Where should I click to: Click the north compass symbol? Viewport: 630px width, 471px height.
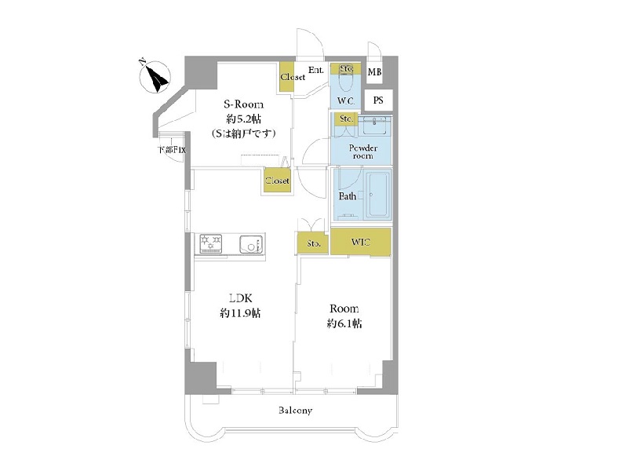tap(155, 77)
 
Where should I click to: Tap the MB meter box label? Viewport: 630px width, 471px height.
tap(374, 72)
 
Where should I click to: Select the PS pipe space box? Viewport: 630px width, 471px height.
tap(378, 100)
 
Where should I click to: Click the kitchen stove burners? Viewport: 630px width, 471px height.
tap(211, 243)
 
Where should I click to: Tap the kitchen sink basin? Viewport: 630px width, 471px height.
tap(251, 244)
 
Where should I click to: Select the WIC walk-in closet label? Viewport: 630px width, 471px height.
tap(360, 242)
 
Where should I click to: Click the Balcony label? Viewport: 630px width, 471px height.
tap(295, 411)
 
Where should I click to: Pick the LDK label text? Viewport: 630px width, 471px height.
tap(241, 298)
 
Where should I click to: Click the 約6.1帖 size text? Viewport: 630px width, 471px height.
tap(344, 323)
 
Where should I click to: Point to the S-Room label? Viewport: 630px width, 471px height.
tap(244, 104)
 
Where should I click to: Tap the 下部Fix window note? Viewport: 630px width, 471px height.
tap(172, 150)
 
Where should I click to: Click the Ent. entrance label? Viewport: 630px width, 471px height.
tap(316, 70)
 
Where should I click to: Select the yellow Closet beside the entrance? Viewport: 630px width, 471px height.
tap(287, 77)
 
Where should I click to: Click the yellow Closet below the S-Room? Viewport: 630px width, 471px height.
tap(277, 181)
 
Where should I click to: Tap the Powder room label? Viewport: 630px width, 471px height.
tap(362, 152)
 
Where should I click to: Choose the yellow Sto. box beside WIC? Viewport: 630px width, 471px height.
tap(313, 243)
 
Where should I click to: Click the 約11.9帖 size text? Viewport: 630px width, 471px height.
tap(240, 312)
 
